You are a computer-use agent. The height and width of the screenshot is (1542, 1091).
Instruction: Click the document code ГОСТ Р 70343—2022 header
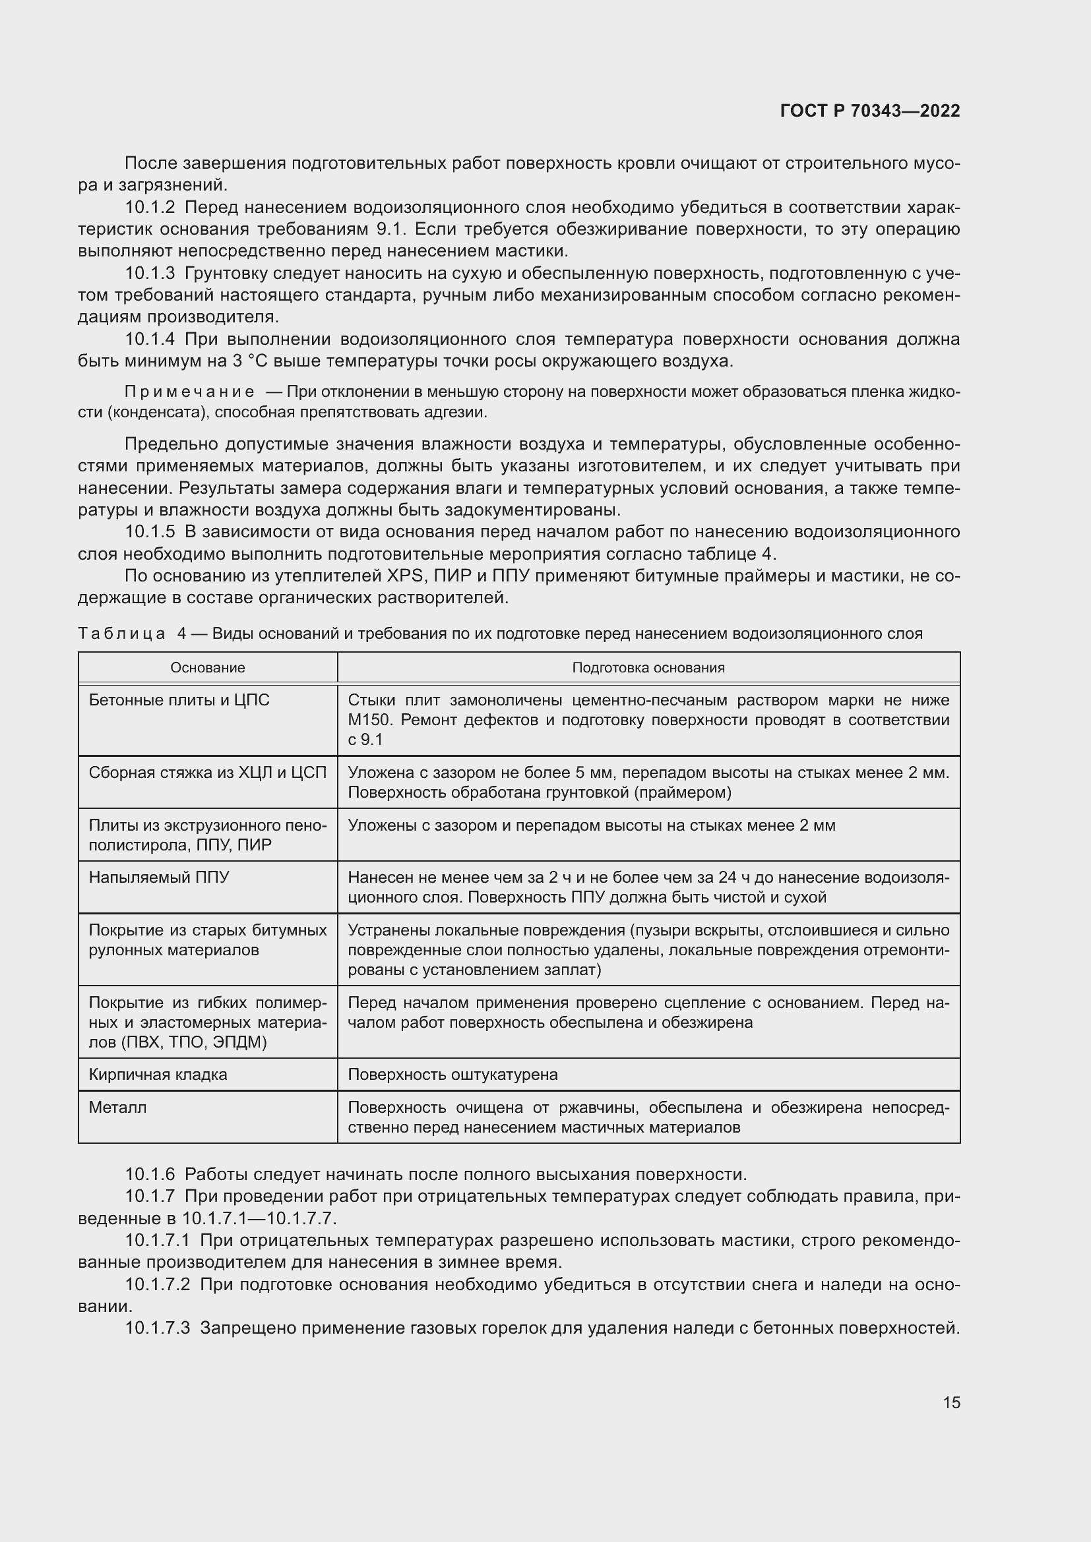click(870, 111)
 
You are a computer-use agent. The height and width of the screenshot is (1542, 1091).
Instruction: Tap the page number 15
click(951, 1402)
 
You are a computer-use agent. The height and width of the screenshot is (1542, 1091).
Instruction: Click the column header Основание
click(208, 668)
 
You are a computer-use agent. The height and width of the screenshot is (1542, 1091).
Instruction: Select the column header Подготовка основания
click(648, 668)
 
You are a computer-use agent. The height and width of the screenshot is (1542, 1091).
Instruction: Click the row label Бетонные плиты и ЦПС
click(179, 701)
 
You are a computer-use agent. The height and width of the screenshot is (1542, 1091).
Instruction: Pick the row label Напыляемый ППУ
click(158, 877)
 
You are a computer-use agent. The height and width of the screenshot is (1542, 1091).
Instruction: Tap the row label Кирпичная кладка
click(158, 1075)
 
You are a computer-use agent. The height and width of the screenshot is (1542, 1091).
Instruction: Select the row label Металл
click(117, 1108)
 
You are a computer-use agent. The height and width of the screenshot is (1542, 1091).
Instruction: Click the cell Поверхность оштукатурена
click(452, 1075)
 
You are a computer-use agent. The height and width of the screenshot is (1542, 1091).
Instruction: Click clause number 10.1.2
click(150, 208)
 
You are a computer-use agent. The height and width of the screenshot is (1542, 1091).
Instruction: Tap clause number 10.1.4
click(150, 339)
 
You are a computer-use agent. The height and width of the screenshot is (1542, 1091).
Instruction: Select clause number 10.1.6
click(150, 1175)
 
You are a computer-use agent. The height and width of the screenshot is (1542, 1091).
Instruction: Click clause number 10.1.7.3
click(158, 1328)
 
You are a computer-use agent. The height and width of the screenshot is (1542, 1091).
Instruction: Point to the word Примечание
click(189, 392)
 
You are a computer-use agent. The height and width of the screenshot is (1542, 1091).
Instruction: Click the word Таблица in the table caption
click(121, 634)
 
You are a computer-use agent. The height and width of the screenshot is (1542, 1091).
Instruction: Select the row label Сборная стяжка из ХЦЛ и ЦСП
click(208, 773)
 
